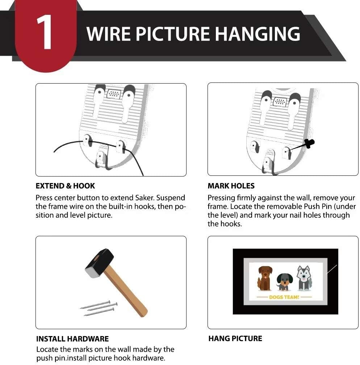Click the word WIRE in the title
coord(109,34)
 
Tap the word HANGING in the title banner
coord(258,34)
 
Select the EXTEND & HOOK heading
coord(65,186)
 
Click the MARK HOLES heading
coord(231,186)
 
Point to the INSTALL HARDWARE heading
coord(72,339)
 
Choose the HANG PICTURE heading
coord(235,339)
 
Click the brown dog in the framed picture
coord(265,279)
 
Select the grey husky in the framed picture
coord(304,279)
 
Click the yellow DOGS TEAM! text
coord(284,297)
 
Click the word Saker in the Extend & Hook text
coord(145,198)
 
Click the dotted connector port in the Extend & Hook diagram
coord(114,94)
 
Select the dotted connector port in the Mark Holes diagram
coord(280,102)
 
